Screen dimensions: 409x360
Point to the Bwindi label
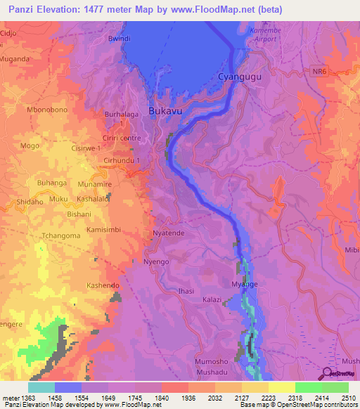click(x=120, y=39)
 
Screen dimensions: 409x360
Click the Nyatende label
click(x=169, y=232)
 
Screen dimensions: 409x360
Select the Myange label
click(x=246, y=284)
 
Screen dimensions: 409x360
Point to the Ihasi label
click(x=186, y=290)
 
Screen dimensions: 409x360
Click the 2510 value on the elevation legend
click(x=349, y=398)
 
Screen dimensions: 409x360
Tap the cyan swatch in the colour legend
click(x=41, y=387)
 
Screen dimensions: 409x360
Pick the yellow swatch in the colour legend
click(x=281, y=387)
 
